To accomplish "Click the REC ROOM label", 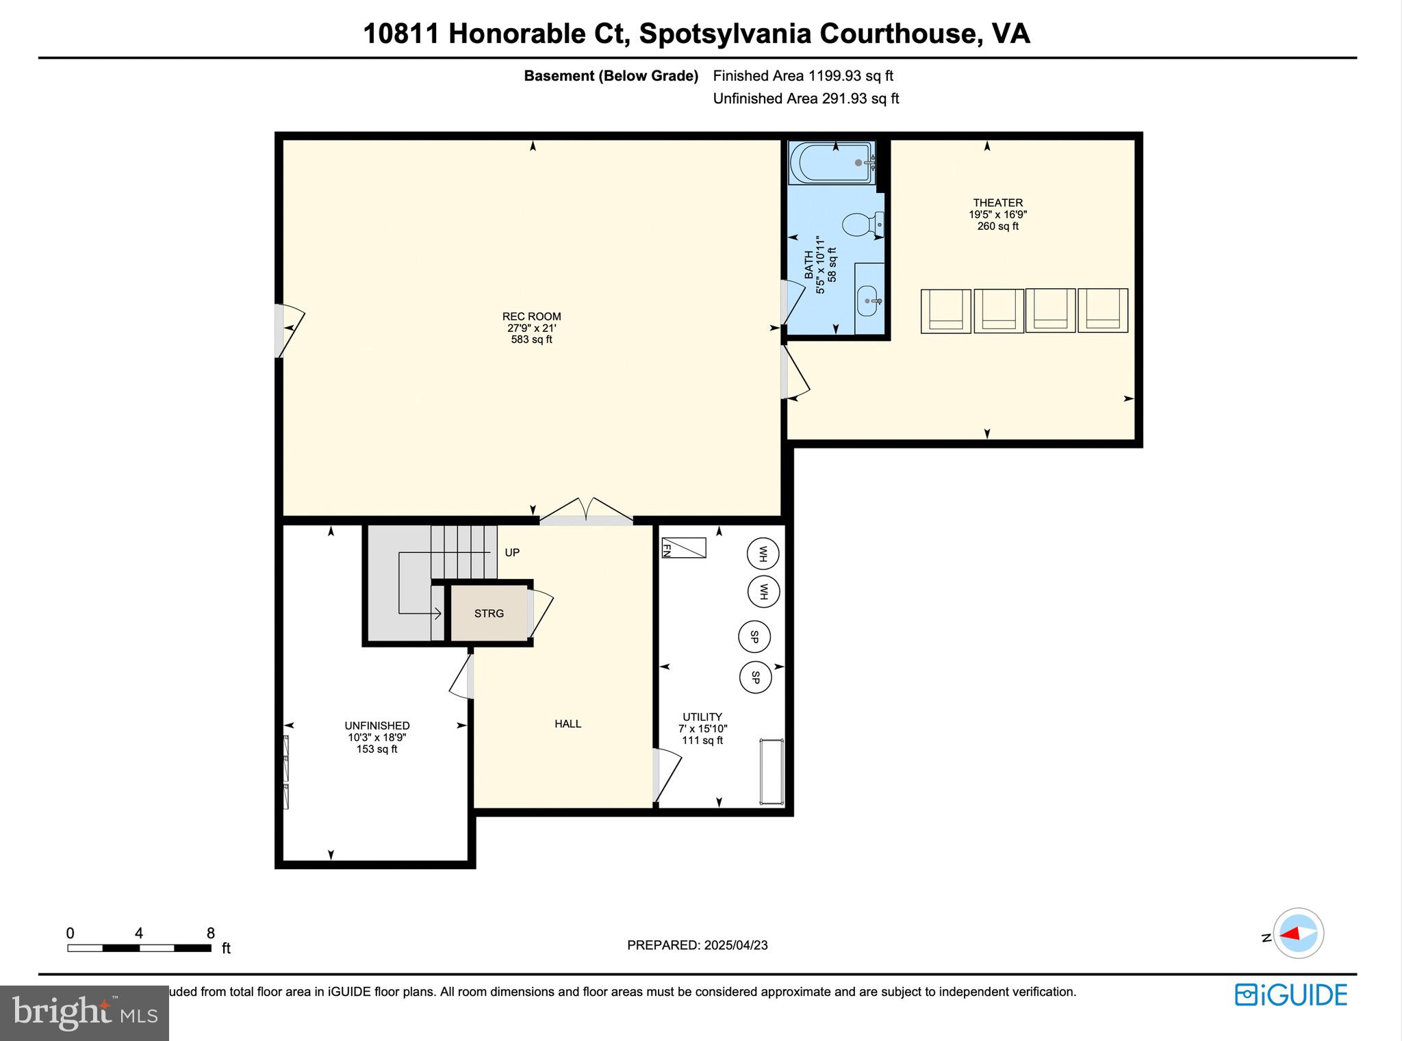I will coord(531,317).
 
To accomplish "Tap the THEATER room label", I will coord(997,203).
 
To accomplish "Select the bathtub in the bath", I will coord(831,163).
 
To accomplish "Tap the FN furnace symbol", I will coord(683,548).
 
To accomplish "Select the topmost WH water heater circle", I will coord(763,554).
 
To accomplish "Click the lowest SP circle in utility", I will coord(755,678).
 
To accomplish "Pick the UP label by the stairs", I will coord(512,552).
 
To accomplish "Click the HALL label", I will coord(568,724).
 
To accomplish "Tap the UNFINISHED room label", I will coord(377,726).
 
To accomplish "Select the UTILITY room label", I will coord(702,717).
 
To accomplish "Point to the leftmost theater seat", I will coord(945,311).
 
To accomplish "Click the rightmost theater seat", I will coord(1102,311).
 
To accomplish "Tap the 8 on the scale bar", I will coord(211,934).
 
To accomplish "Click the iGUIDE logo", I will coord(1290,995).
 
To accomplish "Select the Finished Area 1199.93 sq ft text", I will coord(802,76).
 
